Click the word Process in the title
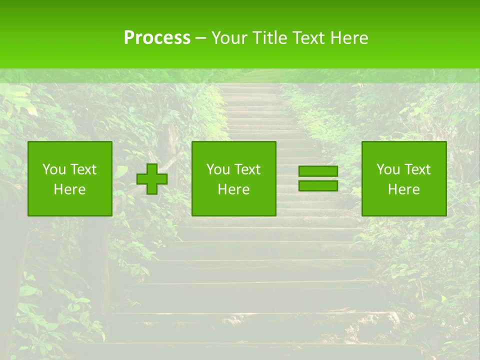pyautogui.click(x=157, y=38)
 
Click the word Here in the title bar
pyautogui.click(x=349, y=38)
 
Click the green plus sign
pyautogui.click(x=152, y=178)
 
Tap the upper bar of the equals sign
pyautogui.click(x=318, y=171)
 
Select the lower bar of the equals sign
pyautogui.click(x=318, y=185)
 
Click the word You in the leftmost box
pyautogui.click(x=53, y=169)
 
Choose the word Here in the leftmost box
pyautogui.click(x=69, y=189)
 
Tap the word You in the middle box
pyautogui.click(x=217, y=169)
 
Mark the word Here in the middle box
pyautogui.click(x=233, y=189)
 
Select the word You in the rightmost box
pyautogui.click(x=387, y=169)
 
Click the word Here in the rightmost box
pyautogui.click(x=403, y=189)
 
